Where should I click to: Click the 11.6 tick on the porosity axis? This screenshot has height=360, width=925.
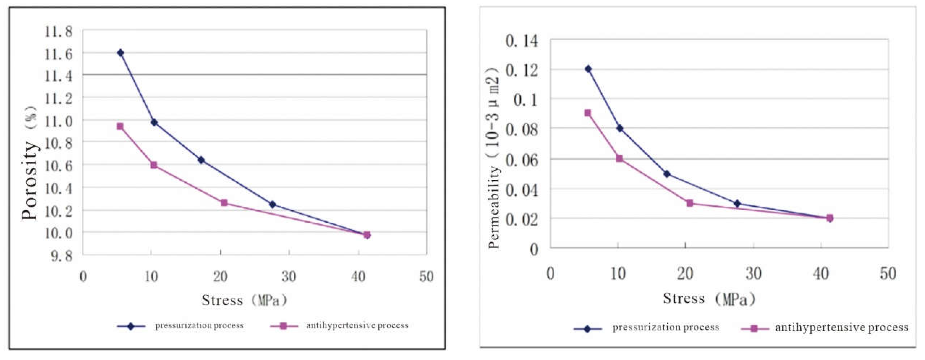click(x=58, y=54)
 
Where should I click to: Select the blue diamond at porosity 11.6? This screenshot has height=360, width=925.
click(x=121, y=53)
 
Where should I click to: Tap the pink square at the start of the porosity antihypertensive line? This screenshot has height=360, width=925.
click(x=120, y=126)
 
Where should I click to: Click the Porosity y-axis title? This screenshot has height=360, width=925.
click(x=30, y=163)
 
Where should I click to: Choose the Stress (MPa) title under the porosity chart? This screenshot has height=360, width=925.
click(x=244, y=300)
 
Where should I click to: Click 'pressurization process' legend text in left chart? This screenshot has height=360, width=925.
click(x=199, y=326)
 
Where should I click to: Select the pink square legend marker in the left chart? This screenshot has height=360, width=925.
click(x=283, y=326)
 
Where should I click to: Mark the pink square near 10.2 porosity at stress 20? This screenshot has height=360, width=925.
click(x=224, y=203)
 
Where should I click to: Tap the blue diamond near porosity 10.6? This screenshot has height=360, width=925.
click(x=201, y=160)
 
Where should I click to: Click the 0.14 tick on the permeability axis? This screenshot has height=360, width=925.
click(x=522, y=41)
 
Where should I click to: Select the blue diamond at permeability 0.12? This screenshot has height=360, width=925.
click(x=588, y=69)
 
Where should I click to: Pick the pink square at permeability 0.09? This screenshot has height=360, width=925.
click(x=587, y=113)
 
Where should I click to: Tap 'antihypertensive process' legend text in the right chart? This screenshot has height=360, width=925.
click(x=841, y=327)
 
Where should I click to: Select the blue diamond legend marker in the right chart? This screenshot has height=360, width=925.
click(x=587, y=329)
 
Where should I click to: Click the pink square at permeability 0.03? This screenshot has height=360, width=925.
click(x=689, y=203)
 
